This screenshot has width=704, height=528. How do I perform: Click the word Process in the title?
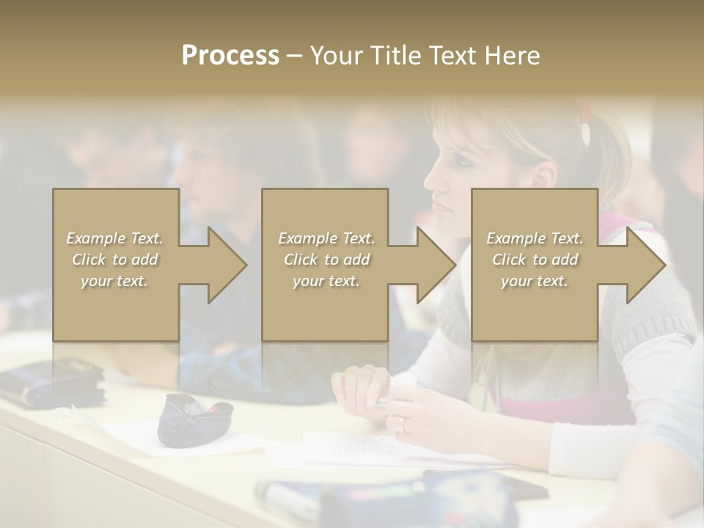click(230, 56)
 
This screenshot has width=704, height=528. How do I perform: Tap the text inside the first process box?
click(115, 260)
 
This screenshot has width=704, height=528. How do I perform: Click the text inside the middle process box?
click(326, 260)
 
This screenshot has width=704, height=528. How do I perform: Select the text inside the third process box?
click(534, 260)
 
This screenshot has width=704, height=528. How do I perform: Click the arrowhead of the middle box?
click(436, 265)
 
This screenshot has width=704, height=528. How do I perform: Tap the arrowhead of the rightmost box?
click(645, 265)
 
